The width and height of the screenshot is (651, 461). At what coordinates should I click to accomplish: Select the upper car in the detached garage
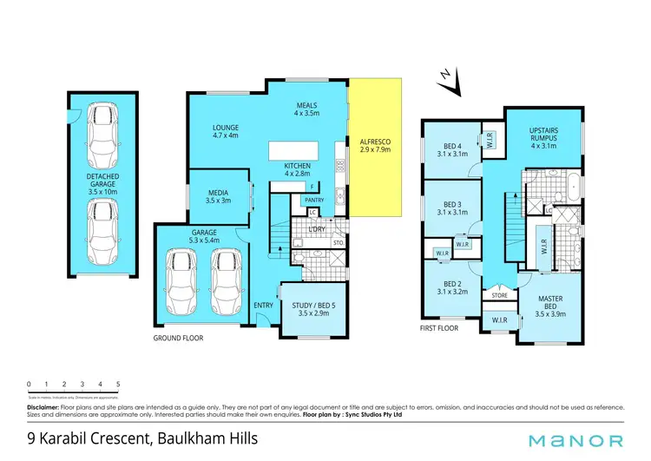pos(102,128)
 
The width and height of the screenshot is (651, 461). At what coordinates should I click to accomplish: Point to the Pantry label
pos(314,200)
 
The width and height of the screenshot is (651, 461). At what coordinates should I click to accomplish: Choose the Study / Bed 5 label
pos(311,306)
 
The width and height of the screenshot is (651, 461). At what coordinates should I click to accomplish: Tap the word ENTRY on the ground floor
pos(263,305)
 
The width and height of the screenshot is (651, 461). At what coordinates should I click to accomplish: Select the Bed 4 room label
pos(450,148)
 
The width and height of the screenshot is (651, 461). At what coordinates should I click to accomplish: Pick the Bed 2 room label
pos(450,287)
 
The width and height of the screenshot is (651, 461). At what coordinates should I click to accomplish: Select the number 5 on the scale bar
pos(118,383)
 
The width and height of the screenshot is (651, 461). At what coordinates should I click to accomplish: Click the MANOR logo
pos(578,440)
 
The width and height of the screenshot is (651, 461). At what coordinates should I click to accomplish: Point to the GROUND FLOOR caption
pos(177,337)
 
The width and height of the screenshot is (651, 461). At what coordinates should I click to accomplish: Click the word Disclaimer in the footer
pos(43,406)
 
